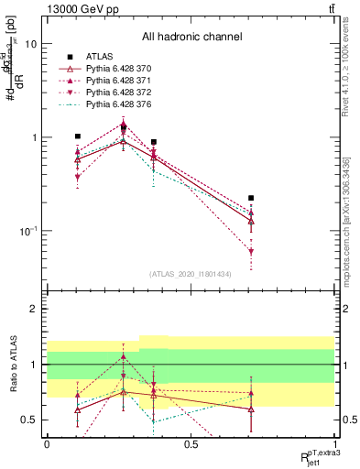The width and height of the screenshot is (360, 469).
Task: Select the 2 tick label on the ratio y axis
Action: pyautogui.click(x=33, y=309)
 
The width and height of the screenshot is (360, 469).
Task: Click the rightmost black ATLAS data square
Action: pyautogui.click(x=251, y=198)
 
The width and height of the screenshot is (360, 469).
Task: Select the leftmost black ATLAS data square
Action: pyautogui.click(x=78, y=136)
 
